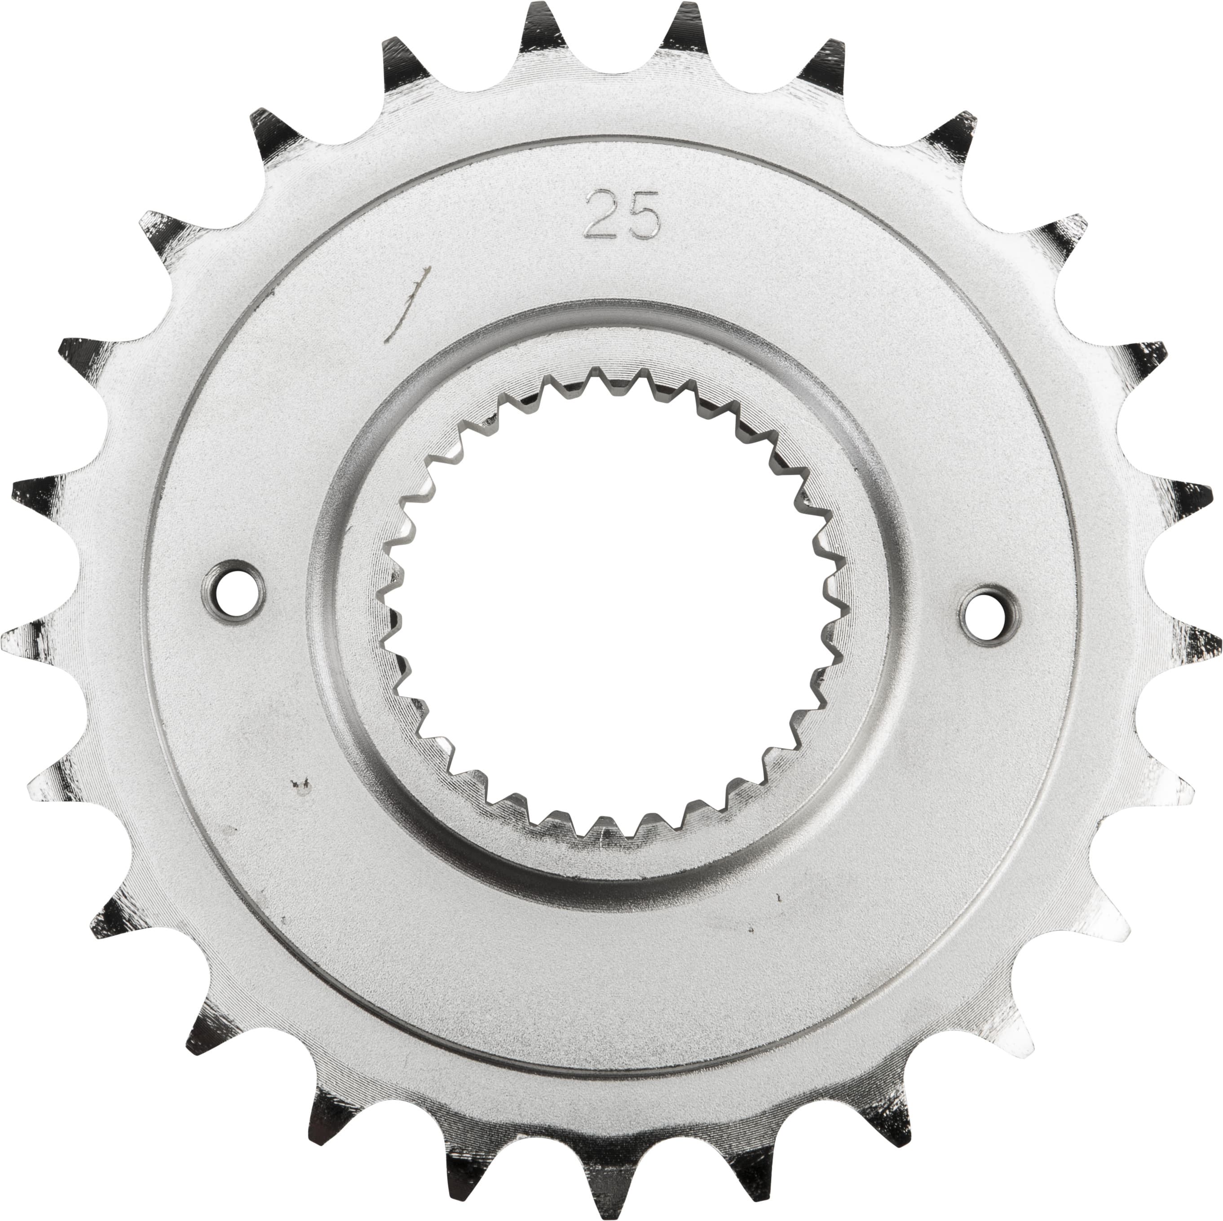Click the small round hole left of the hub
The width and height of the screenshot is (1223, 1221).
click(234, 586)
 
